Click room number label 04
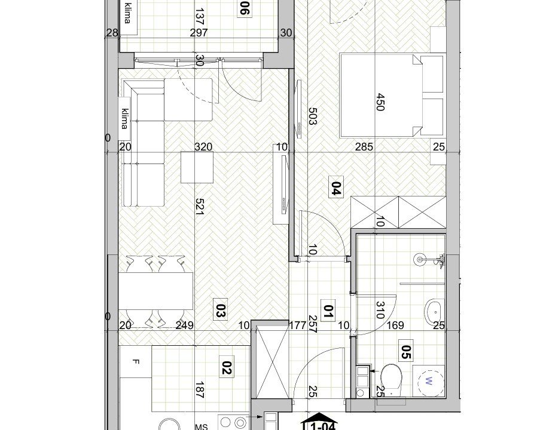(336, 188)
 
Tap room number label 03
(220, 310)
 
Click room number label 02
(227, 368)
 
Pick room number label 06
(243, 8)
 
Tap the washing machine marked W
(428, 381)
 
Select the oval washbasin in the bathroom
(434, 312)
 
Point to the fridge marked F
(136, 361)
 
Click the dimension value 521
(200, 207)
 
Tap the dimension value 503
(312, 116)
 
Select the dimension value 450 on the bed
(380, 102)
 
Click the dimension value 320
(203, 147)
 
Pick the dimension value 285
(364, 147)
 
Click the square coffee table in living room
(197, 167)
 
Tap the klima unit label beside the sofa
(126, 119)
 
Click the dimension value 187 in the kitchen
(200, 390)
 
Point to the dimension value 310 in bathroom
(380, 310)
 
